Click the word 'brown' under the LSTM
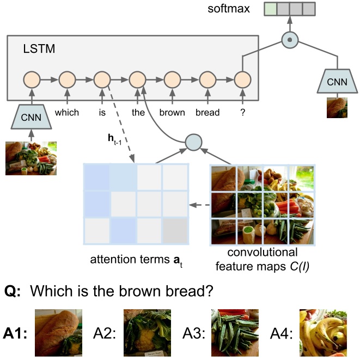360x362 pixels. pos(173,113)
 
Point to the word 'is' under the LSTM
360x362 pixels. pos(102,113)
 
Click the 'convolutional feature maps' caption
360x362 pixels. pos(261,259)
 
